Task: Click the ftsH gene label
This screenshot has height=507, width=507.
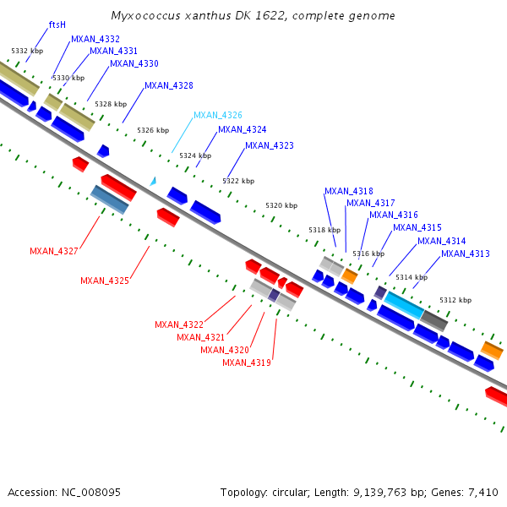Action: pos(57,25)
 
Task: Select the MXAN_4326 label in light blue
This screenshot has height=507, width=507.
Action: pos(217,115)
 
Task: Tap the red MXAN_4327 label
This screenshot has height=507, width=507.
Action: pos(53,251)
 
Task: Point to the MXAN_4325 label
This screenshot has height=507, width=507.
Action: pos(104,281)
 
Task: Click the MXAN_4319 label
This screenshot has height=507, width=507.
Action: pos(246,363)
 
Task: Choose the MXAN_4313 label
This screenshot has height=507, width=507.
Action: pos(465,253)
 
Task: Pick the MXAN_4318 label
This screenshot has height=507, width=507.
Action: pos(348,191)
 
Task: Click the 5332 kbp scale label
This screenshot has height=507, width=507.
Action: pos(27,51)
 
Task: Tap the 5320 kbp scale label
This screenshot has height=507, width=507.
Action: pos(281,205)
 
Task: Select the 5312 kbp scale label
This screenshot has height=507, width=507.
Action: pos(455,300)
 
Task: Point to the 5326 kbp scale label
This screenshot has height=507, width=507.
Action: pos(153,130)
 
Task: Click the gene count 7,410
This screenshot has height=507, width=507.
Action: pos(482,492)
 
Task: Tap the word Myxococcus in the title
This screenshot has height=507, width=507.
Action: pos(142,16)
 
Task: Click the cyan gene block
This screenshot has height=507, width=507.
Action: pos(404,305)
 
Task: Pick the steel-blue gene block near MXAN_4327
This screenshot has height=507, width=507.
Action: pos(110,199)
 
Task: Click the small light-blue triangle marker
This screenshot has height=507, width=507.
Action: pos(153,181)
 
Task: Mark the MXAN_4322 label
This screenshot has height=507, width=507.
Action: pos(178,324)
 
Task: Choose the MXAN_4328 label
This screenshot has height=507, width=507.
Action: pos(168,85)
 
